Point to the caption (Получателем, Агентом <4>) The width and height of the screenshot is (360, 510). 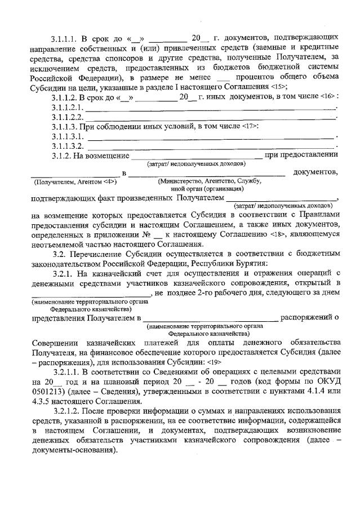(75, 182)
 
